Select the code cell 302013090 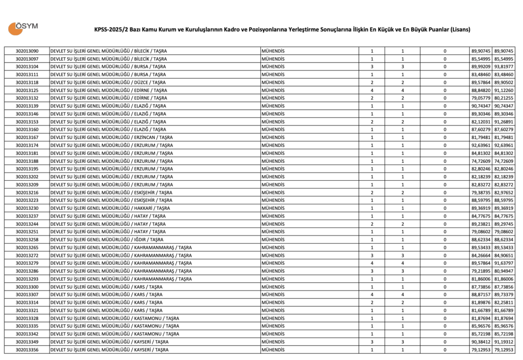[27, 51]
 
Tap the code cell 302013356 [27, 350]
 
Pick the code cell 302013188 [27, 161]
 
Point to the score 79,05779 [481, 98]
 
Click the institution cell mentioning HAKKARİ [110, 208]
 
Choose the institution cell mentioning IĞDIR [107, 239]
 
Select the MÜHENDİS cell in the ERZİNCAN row [273, 137]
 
